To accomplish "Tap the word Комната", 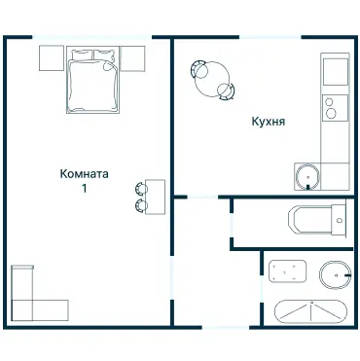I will [84, 174].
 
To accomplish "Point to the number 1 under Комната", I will [85, 189].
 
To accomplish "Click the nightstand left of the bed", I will [52, 58].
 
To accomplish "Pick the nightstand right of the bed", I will [132, 58].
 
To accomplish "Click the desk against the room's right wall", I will [155, 196].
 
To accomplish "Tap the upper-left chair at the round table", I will [198, 68].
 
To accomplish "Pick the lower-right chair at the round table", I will [226, 91].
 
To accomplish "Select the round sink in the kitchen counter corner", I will [308, 176].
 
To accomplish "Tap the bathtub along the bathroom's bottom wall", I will [310, 312].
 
